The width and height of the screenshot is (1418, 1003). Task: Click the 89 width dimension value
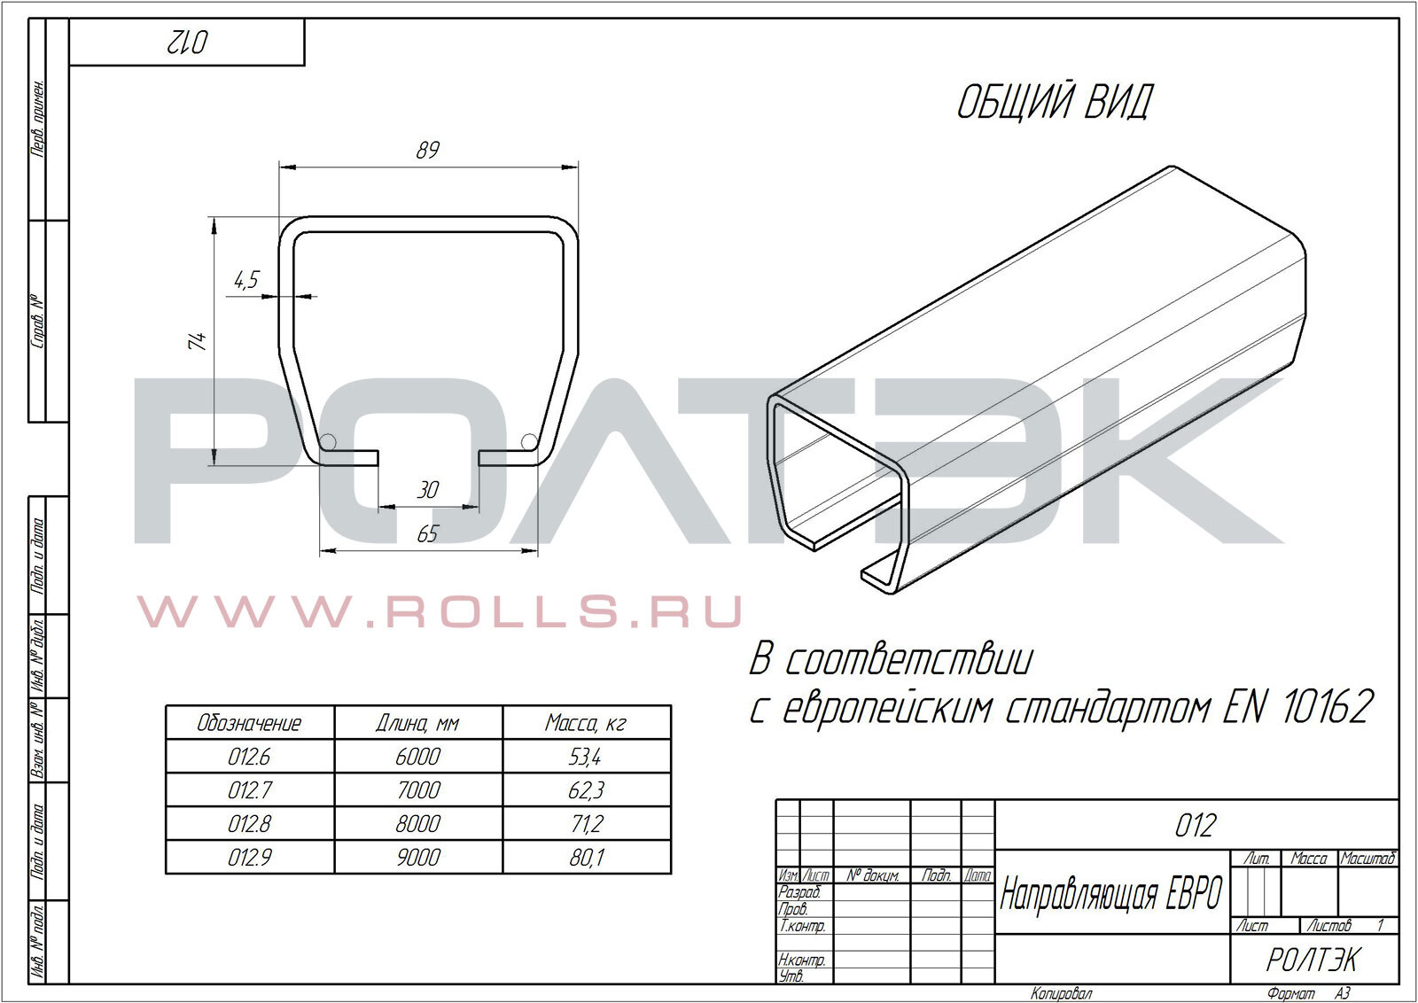click(x=428, y=150)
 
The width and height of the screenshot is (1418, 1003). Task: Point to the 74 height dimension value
click(x=197, y=341)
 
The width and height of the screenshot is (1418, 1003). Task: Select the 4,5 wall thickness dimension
click(x=247, y=279)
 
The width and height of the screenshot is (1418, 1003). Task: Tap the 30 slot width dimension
click(x=428, y=490)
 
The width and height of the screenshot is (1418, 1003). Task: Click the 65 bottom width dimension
click(x=428, y=534)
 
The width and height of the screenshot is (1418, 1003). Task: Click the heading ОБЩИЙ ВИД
click(x=1055, y=103)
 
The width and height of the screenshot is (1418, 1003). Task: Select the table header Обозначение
click(x=249, y=723)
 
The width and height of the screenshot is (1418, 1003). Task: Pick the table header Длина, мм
click(x=417, y=723)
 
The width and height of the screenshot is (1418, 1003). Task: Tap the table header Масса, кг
click(x=586, y=723)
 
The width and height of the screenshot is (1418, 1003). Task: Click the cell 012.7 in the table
click(x=249, y=790)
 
